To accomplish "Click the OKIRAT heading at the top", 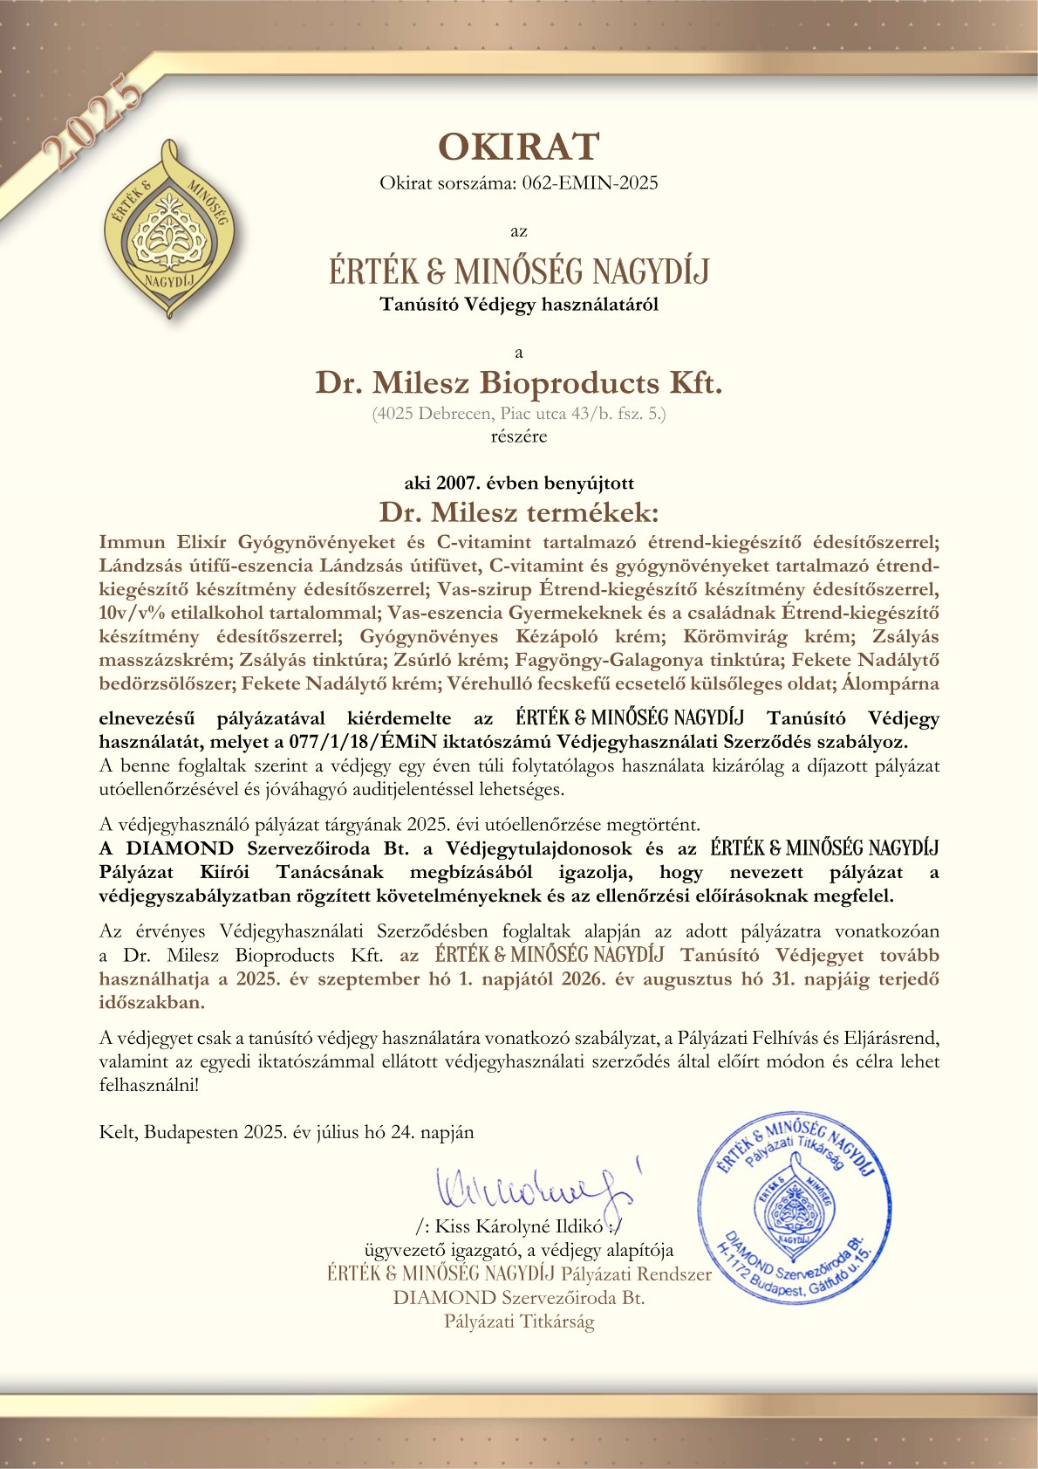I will [519, 147].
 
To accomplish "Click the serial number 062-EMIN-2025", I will [590, 183].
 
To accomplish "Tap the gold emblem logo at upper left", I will [170, 229].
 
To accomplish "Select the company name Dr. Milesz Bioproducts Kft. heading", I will [519, 382].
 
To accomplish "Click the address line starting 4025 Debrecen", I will [519, 414].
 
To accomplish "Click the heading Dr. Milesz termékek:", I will [519, 511].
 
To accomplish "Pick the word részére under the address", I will [519, 436].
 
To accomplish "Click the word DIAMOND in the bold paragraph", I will [180, 848].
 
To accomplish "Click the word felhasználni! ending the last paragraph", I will [149, 1086].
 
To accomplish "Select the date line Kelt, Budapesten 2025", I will [287, 1132].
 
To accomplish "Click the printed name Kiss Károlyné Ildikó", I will [518, 1226].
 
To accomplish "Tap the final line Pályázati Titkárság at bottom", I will [519, 1321].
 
